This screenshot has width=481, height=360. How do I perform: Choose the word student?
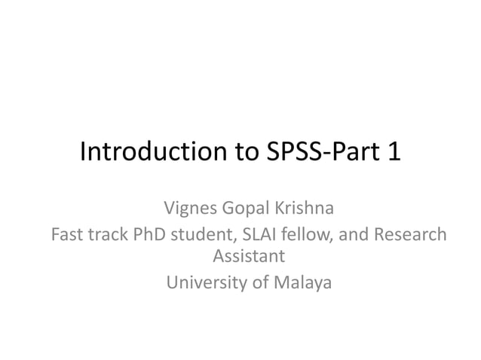click(201, 235)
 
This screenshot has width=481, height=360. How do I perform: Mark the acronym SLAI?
click(253, 235)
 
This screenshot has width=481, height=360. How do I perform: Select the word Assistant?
click(249, 256)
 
